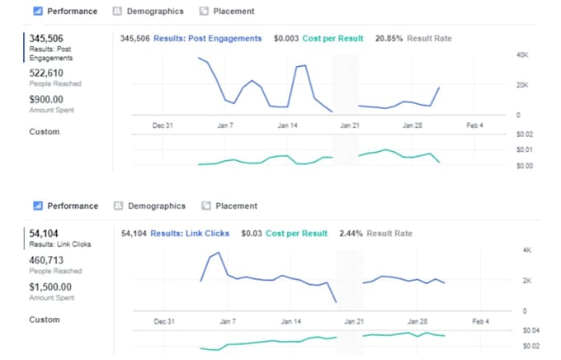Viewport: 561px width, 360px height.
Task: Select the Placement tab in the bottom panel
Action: (x=235, y=206)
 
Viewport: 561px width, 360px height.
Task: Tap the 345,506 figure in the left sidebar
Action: (x=46, y=39)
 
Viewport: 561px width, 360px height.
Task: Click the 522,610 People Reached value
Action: (x=47, y=73)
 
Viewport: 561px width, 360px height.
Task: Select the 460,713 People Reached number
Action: (x=47, y=260)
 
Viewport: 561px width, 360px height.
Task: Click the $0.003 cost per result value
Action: (x=286, y=39)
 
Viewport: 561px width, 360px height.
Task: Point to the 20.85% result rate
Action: (x=390, y=39)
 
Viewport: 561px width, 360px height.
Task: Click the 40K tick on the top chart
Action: (x=521, y=54)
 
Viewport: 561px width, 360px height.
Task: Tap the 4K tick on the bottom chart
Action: (x=526, y=249)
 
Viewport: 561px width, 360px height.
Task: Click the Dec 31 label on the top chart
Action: (x=163, y=126)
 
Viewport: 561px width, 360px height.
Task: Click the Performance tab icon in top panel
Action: (x=36, y=12)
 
